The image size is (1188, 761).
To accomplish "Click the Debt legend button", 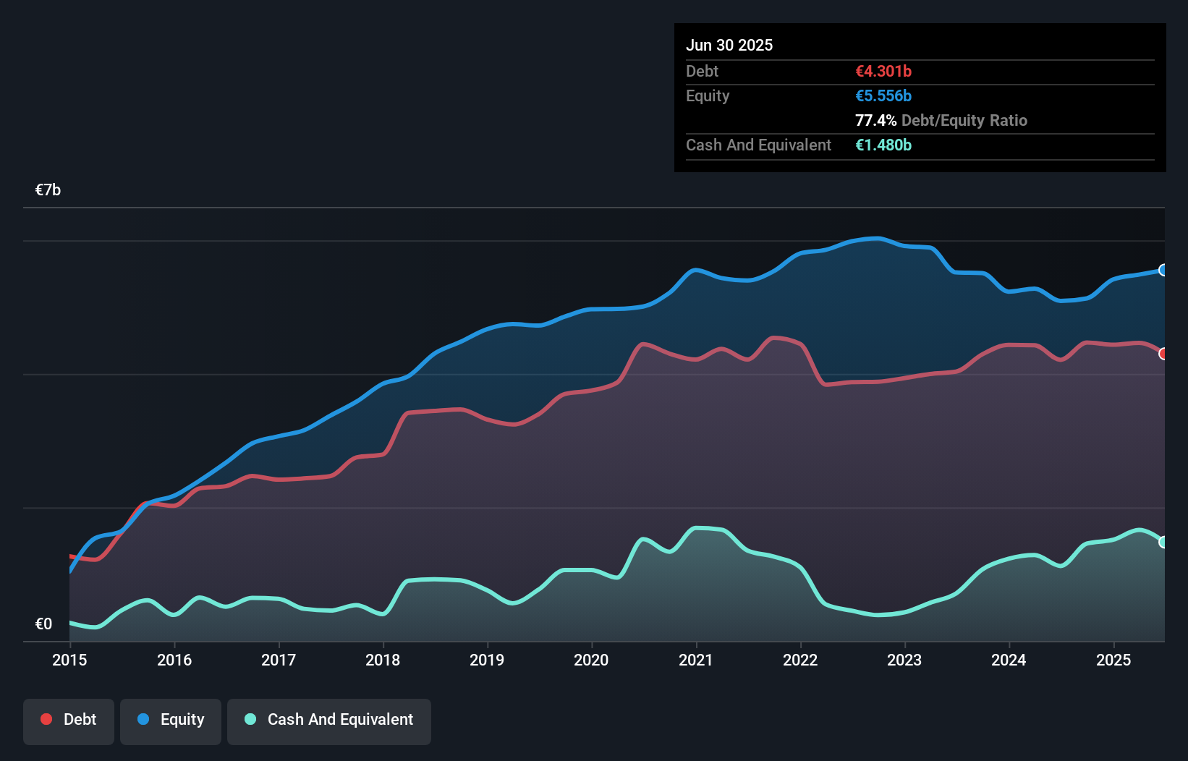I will [68, 720].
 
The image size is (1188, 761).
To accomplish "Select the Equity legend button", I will [171, 720].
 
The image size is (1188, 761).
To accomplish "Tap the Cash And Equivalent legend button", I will [329, 720].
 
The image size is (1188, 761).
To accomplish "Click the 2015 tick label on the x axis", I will [69, 660].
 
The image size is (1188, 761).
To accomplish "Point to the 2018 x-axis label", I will [383, 660].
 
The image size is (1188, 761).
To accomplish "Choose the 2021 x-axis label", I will [695, 660].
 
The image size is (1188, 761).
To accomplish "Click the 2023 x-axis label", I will [904, 660].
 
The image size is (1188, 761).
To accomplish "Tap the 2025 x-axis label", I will [1113, 660].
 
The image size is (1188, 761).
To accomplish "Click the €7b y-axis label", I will [48, 190].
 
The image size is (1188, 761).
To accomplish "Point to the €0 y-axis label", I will [43, 624].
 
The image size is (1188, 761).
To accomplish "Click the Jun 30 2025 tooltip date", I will [729, 45].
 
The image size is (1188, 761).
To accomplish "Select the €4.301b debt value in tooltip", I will [883, 71].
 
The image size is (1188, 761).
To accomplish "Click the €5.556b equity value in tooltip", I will [883, 95].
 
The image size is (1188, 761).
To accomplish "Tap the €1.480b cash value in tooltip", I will [883, 145].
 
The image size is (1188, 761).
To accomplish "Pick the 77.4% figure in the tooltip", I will [875, 120].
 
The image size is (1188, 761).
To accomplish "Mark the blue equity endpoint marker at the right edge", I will [1163, 270].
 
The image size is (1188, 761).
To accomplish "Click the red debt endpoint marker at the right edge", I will [1163, 354].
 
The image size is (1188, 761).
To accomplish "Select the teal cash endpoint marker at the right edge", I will [1163, 542].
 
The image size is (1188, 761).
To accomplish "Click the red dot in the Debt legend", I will [46, 719].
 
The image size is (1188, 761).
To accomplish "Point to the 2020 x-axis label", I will [591, 660].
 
